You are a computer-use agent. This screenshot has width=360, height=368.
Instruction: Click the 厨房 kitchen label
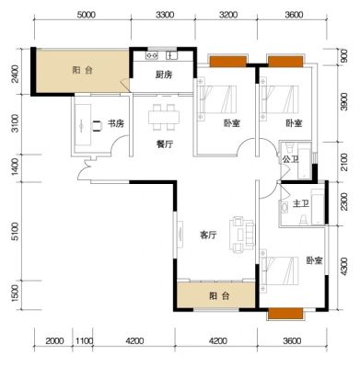pyautogui.click(x=164, y=75)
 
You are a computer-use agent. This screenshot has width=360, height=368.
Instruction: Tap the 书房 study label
pyautogui.click(x=116, y=124)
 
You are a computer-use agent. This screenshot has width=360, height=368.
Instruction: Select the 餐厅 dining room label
pyautogui.click(x=165, y=144)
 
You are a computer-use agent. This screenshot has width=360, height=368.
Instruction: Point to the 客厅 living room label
pyautogui.click(x=208, y=236)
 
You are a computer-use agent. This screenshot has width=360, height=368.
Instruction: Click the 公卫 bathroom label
pyautogui.click(x=290, y=159)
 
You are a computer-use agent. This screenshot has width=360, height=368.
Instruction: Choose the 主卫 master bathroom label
pyautogui.click(x=300, y=204)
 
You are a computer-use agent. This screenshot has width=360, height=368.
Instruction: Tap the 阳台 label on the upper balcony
pyautogui.click(x=82, y=70)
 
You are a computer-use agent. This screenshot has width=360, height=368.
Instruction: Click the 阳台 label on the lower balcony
pyautogui.click(x=219, y=296)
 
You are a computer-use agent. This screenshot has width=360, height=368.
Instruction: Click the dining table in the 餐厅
pyautogui.click(x=164, y=118)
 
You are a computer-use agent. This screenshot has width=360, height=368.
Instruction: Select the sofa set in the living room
pyautogui.click(x=243, y=235)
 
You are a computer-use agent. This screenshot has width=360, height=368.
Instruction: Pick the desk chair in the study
pyautogui.click(x=97, y=126)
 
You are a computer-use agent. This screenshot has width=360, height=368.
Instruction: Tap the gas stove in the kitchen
pyautogui.click(x=152, y=55)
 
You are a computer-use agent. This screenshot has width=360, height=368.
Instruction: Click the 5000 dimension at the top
pyautogui.click(x=87, y=15)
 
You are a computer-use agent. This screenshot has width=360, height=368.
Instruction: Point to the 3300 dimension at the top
pyautogui.click(x=165, y=15)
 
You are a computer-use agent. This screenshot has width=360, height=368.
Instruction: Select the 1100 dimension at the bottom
pyautogui.click(x=84, y=340)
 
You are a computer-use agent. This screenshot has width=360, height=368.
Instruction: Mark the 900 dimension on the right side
pyautogui.click(x=344, y=56)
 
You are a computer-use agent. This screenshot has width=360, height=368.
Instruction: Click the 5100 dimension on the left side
pyautogui.click(x=15, y=232)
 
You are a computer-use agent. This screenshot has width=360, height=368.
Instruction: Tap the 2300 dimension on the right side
pyautogui.click(x=344, y=201)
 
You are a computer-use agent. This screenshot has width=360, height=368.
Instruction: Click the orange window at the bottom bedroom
pyautogui.click(x=285, y=314)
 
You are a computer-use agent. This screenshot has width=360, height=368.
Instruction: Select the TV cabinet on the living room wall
pyautogui.click(x=180, y=235)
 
